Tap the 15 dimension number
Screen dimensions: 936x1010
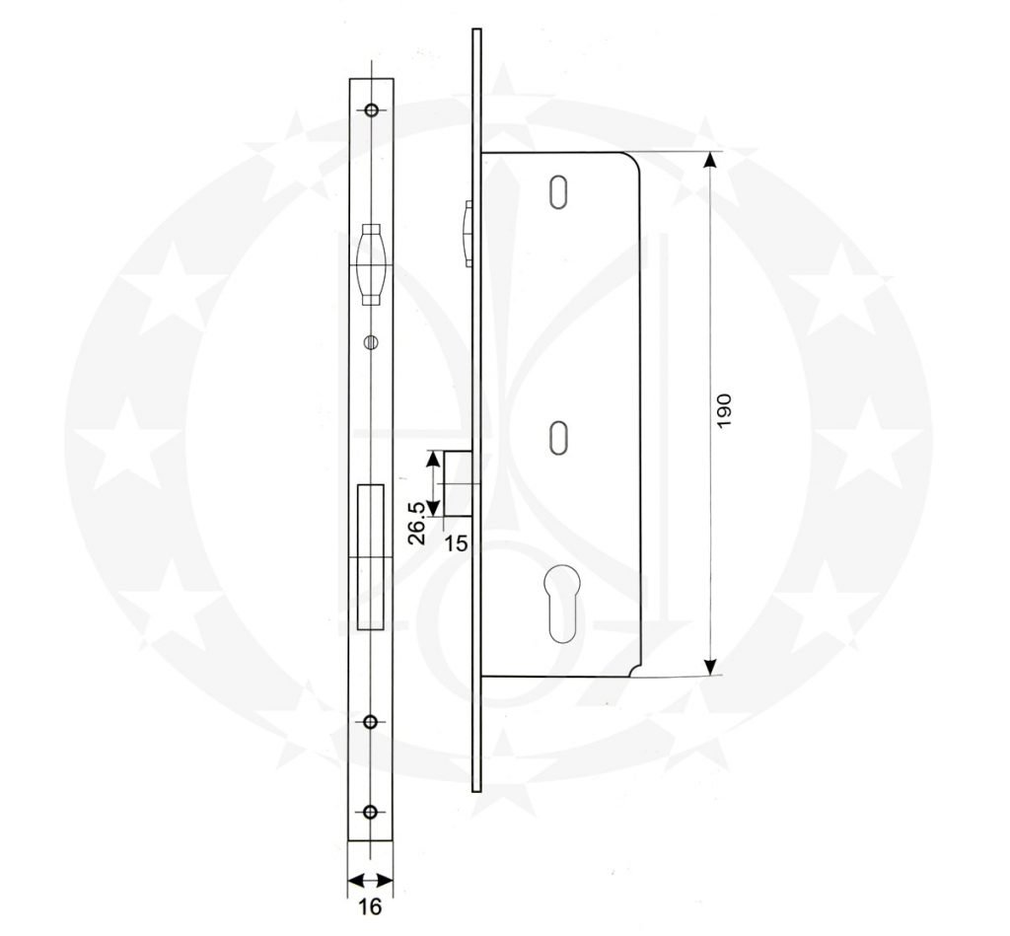pyautogui.click(x=457, y=541)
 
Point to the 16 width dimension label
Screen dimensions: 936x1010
pyautogui.click(x=370, y=906)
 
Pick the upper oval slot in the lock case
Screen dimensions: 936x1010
pyautogui.click(x=559, y=191)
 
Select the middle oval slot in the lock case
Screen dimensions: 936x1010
pyautogui.click(x=559, y=437)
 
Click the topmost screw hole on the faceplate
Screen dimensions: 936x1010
pyautogui.click(x=371, y=109)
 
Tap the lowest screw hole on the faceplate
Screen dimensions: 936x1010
pyautogui.click(x=371, y=812)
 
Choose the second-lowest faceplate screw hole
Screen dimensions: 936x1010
pyautogui.click(x=371, y=722)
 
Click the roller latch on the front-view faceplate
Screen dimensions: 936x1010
pyautogui.click(x=371, y=262)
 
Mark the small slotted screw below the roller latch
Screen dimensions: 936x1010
pyautogui.click(x=371, y=341)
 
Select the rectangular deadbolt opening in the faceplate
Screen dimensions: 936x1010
pyautogui.click(x=371, y=557)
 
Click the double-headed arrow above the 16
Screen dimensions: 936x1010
pyautogui.click(x=370, y=881)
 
